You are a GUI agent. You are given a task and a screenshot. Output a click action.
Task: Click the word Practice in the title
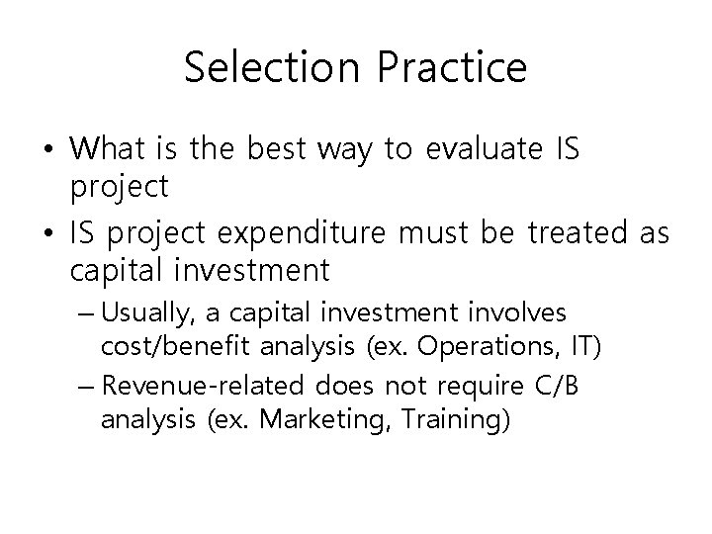445,68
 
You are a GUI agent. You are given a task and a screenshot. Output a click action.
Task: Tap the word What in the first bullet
108,149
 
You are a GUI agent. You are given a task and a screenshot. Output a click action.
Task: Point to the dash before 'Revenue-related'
87,386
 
